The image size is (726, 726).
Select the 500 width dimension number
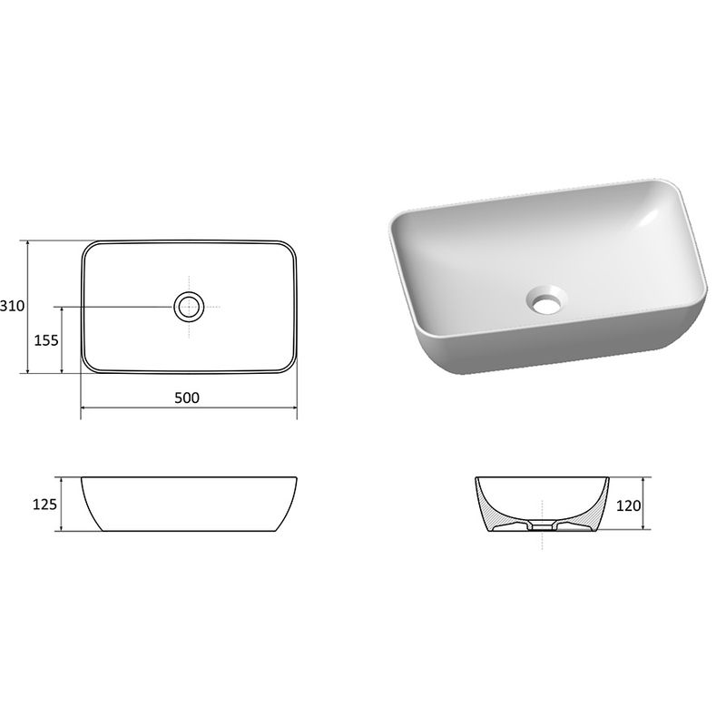click(189, 397)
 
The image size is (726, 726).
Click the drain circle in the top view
click(189, 306)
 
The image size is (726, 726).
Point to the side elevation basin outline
click(189, 504)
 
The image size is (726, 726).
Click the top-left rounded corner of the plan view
click(88, 248)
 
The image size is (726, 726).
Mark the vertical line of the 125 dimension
click(62, 504)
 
